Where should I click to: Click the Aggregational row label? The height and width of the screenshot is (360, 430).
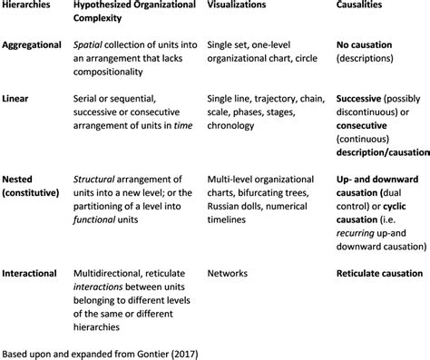34,44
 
